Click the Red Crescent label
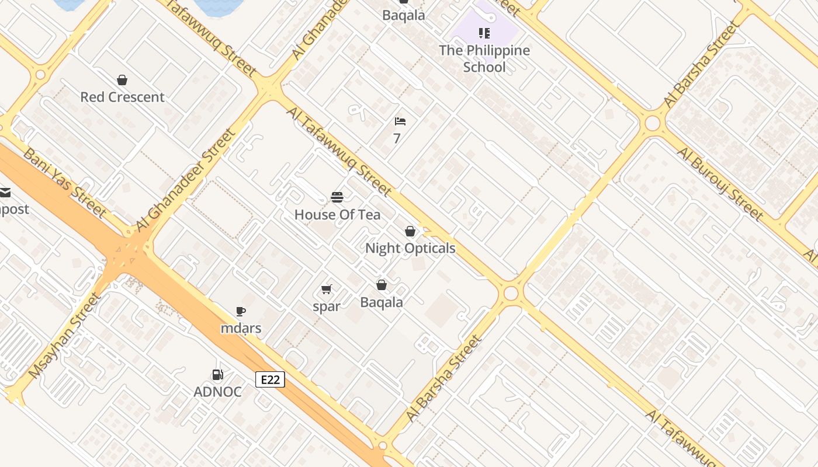(x=122, y=97)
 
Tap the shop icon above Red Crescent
(x=122, y=80)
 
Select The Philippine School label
(x=484, y=58)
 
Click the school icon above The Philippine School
(x=484, y=33)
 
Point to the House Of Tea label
(x=337, y=215)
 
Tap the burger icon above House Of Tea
(x=337, y=197)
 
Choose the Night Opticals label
(x=410, y=249)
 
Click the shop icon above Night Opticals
(x=410, y=232)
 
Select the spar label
(x=327, y=306)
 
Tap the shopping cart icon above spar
(x=327, y=289)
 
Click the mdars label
(x=241, y=328)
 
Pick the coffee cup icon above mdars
(x=240, y=312)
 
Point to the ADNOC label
(x=217, y=392)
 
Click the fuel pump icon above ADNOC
(x=217, y=375)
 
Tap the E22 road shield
(x=270, y=380)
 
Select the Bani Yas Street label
(x=65, y=182)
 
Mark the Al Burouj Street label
(x=720, y=184)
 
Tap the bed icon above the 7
(x=400, y=121)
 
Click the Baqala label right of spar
(x=382, y=302)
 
